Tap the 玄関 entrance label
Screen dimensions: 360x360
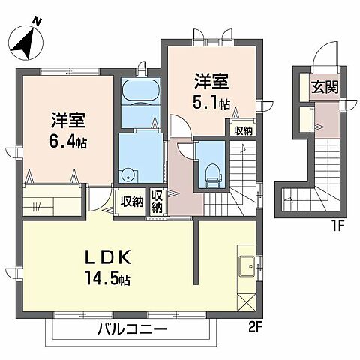[x=325, y=87]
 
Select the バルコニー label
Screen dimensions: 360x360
[x=131, y=328]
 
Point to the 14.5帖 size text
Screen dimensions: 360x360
[x=107, y=280]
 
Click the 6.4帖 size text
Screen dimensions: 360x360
[x=67, y=140]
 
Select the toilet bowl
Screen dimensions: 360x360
[x=211, y=169]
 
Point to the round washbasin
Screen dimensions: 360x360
[x=128, y=176]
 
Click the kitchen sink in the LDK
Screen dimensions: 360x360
[x=247, y=265]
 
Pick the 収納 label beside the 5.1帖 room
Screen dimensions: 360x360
[x=242, y=130]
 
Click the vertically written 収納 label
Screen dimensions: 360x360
[x=157, y=201]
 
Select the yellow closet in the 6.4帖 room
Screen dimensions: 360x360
[x=50, y=202]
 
